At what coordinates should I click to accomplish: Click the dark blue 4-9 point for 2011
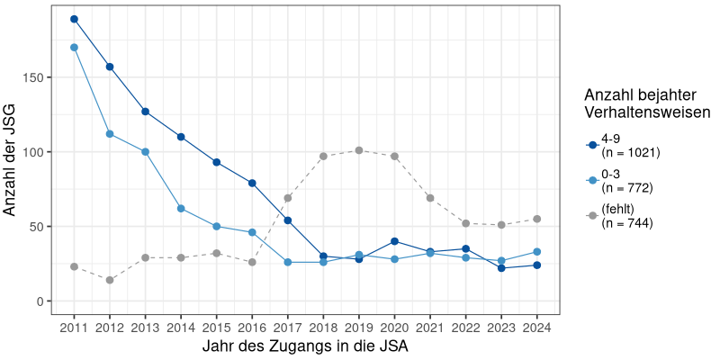[74, 19]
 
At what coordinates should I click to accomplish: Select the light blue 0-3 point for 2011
[74, 47]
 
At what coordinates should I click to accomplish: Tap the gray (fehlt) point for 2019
[359, 150]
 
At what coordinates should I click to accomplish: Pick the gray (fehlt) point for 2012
[110, 280]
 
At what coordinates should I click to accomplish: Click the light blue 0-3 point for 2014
[181, 208]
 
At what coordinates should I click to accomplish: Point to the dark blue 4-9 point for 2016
[252, 183]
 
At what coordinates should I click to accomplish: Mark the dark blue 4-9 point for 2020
[395, 241]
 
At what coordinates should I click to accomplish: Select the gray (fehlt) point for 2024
[537, 219]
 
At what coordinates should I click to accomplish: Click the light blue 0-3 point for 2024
[537, 251]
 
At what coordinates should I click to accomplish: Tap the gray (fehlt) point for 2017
[288, 198]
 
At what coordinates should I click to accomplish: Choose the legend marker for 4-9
[592, 145]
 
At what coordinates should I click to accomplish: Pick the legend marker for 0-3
[592, 180]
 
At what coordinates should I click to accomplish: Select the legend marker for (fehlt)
[592, 216]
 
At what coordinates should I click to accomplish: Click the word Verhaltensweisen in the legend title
[648, 112]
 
